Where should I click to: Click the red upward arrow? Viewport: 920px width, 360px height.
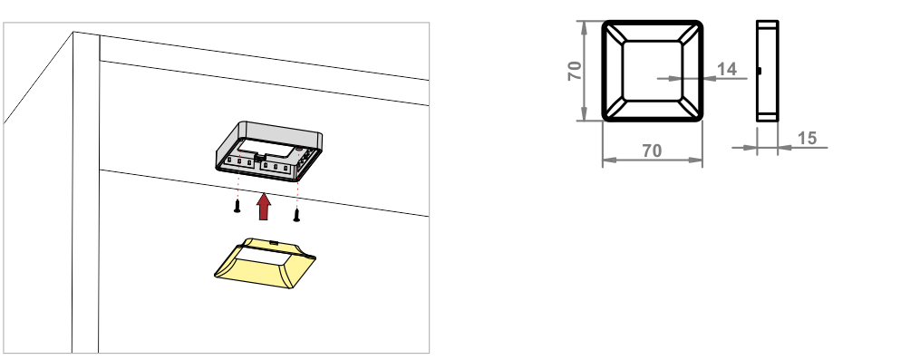pos(264,207)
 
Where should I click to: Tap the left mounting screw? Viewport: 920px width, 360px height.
pos(237,206)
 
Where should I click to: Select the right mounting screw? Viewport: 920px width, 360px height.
pos(296,215)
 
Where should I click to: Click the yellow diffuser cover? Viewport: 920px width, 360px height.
pos(265,262)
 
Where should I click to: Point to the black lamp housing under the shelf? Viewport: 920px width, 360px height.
pos(269,151)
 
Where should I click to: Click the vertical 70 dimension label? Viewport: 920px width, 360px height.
pos(575,71)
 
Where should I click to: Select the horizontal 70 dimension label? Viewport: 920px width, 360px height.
pos(652,151)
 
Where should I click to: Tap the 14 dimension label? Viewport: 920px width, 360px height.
pos(726,69)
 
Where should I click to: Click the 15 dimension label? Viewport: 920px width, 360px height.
pos(808,138)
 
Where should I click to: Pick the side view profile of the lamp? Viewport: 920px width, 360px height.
pos(768,71)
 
